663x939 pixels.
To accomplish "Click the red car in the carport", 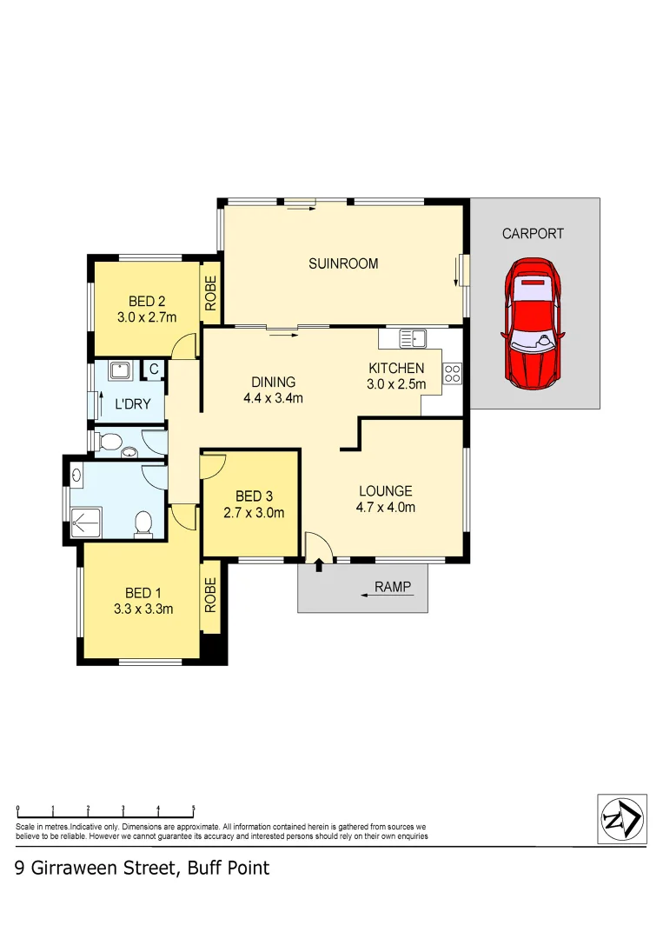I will pyautogui.click(x=533, y=323).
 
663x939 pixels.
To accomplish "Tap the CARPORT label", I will pyautogui.click(x=533, y=233).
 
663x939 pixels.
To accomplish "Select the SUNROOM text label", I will pyautogui.click(x=343, y=263).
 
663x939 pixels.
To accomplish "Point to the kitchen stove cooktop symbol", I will pyautogui.click(x=452, y=374).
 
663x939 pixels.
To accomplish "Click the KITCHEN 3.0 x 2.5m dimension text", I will pyautogui.click(x=396, y=376).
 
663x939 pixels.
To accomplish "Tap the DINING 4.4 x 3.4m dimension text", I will pyautogui.click(x=274, y=390).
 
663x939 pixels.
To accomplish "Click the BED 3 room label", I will pyautogui.click(x=250, y=496).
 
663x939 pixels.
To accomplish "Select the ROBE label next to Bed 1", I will pyautogui.click(x=210, y=596).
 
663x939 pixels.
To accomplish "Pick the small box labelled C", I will pyautogui.click(x=153, y=370).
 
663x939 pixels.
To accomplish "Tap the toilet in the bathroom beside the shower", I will pyautogui.click(x=143, y=523).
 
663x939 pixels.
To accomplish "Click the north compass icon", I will pyautogui.click(x=622, y=817).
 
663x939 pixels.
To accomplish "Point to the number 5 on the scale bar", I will pyautogui.click(x=193, y=809).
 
